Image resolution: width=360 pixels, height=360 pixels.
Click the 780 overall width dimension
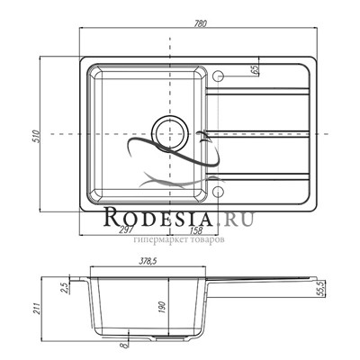pyautogui.click(x=201, y=23)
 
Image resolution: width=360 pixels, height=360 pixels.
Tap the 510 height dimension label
pyautogui.click(x=36, y=136)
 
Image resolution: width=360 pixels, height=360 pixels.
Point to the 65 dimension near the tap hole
pyautogui.click(x=255, y=70)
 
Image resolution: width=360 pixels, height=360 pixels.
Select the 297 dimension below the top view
pyautogui.click(x=126, y=230)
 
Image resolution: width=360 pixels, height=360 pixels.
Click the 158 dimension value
pyautogui.click(x=196, y=230)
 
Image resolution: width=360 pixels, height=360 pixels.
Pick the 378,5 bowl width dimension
pyautogui.click(x=148, y=261)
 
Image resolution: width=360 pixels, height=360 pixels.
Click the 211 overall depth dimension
pyautogui.click(x=37, y=309)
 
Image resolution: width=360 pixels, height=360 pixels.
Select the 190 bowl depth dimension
pyautogui.click(x=164, y=307)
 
